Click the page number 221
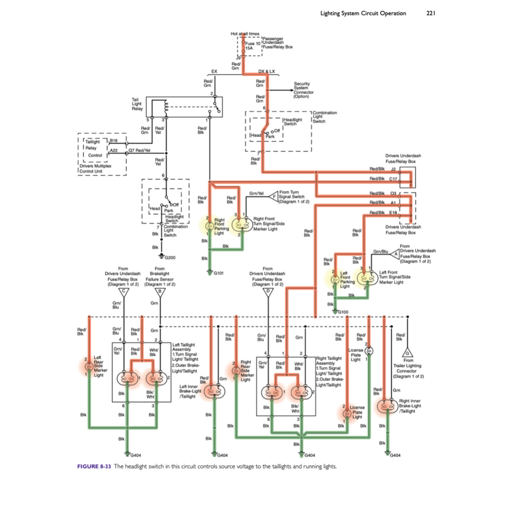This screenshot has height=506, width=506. tap(430, 13)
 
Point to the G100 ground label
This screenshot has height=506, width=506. tap(342, 312)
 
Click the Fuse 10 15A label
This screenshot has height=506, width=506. tap(253, 46)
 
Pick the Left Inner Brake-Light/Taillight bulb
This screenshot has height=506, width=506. tap(213, 391)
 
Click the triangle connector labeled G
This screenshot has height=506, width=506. tap(407, 353)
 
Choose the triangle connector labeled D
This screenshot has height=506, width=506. tap(268, 291)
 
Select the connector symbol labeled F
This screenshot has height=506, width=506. tap(274, 197)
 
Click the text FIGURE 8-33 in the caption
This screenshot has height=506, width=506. tap(95, 466)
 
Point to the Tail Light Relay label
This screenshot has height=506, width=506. tap(137, 104)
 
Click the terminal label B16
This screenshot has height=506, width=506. tap(114, 141)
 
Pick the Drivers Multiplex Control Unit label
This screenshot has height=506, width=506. tap(95, 169)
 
